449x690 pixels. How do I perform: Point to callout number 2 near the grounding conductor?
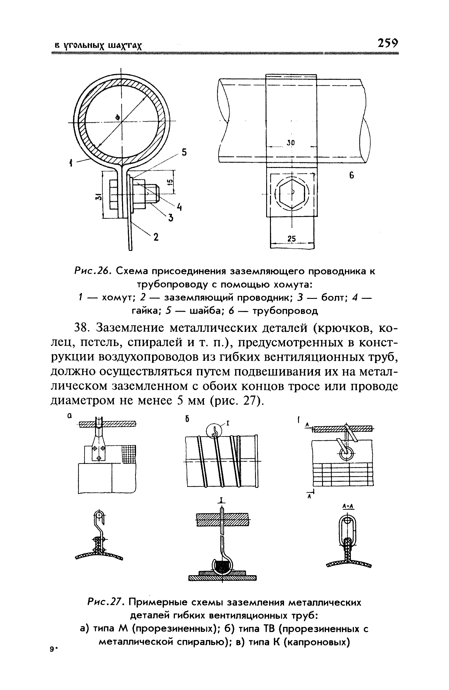pos(156,237)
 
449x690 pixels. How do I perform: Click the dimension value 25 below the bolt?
pos(291,239)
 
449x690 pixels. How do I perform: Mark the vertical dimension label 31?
pos(99,197)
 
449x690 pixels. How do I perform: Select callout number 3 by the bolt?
pos(170,218)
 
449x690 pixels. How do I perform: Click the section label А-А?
pos(348,507)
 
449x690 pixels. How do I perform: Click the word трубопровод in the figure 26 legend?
pos(285,311)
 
